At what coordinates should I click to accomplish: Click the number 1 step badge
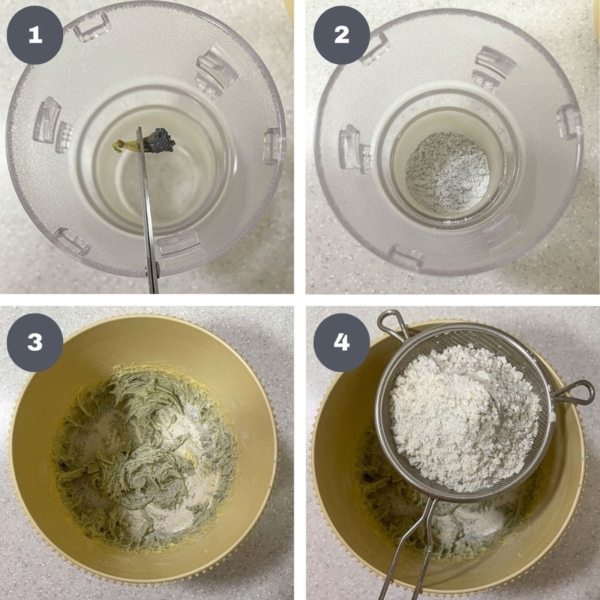[34, 34]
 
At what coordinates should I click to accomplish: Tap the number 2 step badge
[342, 34]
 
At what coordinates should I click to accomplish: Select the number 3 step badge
[34, 342]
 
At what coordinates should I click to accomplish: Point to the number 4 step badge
[342, 342]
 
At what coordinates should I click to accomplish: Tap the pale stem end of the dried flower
[119, 145]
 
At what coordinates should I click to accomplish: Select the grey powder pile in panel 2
[447, 172]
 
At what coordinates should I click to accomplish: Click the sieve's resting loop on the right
[574, 392]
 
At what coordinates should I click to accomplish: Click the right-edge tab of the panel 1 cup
[271, 145]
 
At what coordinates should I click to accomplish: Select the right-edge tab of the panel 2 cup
[568, 122]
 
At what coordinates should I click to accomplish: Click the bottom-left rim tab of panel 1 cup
[72, 241]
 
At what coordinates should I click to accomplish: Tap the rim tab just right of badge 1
[91, 26]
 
